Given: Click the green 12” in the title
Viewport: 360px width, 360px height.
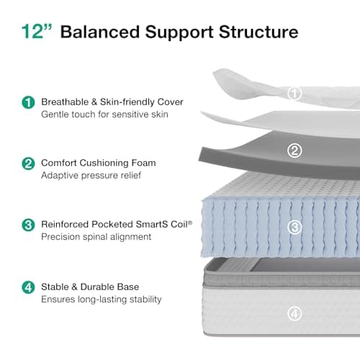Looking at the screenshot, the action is pos(37,32).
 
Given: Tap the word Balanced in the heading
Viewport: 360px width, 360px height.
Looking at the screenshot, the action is pos(100,32).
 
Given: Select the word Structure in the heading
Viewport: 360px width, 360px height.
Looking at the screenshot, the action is pos(258,32).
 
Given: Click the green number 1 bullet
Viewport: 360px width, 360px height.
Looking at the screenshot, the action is pos(28,102).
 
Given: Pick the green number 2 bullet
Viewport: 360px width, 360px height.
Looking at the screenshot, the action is pos(28,163).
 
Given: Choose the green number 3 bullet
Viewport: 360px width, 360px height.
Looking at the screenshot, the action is pos(28,225).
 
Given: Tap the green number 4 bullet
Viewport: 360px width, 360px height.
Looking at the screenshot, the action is pos(28,287).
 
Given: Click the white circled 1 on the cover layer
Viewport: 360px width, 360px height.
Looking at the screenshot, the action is pos(294,93).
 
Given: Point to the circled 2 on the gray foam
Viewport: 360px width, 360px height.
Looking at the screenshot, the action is pos(294,150).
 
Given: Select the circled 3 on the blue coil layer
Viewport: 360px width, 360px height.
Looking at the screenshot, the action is pos(294,227).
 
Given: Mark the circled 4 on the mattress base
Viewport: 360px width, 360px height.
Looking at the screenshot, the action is pos(294,313).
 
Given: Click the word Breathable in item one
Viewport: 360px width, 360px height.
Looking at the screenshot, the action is pos(65,102).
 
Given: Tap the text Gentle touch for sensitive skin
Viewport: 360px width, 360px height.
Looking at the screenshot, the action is pos(104,114).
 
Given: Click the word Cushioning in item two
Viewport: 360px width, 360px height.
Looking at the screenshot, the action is pos(104,163).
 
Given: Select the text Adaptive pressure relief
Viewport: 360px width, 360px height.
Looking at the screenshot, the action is pos(91,176).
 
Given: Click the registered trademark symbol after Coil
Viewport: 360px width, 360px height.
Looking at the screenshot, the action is pos(190,222).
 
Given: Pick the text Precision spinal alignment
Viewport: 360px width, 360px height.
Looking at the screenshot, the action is pos(96,237).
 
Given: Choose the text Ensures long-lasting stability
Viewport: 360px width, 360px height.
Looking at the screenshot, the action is pos(102,300).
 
